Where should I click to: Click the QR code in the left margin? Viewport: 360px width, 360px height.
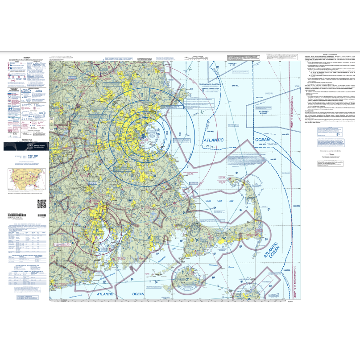point(41,204)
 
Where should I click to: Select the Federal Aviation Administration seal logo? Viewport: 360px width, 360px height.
point(25,146)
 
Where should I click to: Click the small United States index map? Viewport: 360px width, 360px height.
point(26,179)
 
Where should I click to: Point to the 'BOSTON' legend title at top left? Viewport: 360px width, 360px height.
point(27,58)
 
